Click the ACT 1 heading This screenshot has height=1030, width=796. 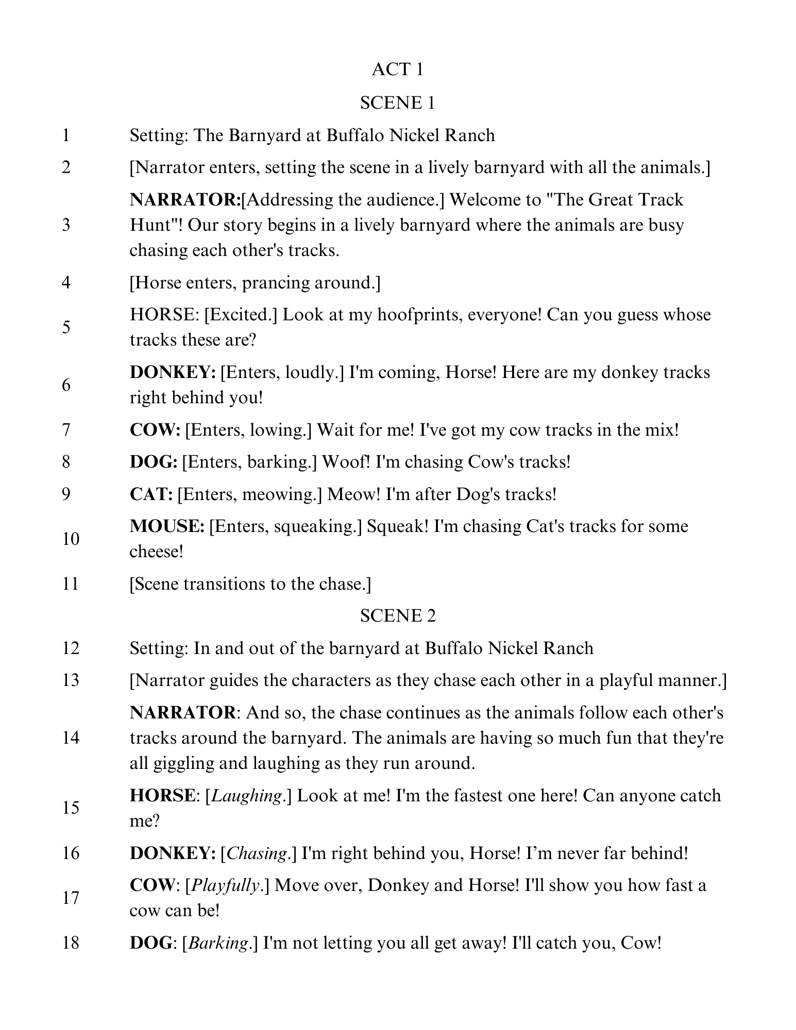pyautogui.click(x=397, y=70)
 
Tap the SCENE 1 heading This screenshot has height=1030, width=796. pyautogui.click(x=397, y=102)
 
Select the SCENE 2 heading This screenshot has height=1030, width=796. pyautogui.click(x=397, y=615)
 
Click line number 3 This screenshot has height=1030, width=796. pyautogui.click(x=66, y=225)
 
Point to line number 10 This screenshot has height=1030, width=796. pyautogui.click(x=71, y=539)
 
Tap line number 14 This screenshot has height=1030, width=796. pyautogui.click(x=71, y=737)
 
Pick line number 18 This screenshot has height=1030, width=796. pyautogui.click(x=71, y=942)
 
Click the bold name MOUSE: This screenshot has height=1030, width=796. pyautogui.click(x=167, y=526)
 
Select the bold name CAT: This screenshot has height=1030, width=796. pyautogui.click(x=151, y=494)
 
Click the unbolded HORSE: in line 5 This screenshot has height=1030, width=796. pyautogui.click(x=164, y=315)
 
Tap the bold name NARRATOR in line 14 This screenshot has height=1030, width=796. pyautogui.click(x=183, y=713)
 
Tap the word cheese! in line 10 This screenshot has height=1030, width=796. pyautogui.click(x=157, y=552)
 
